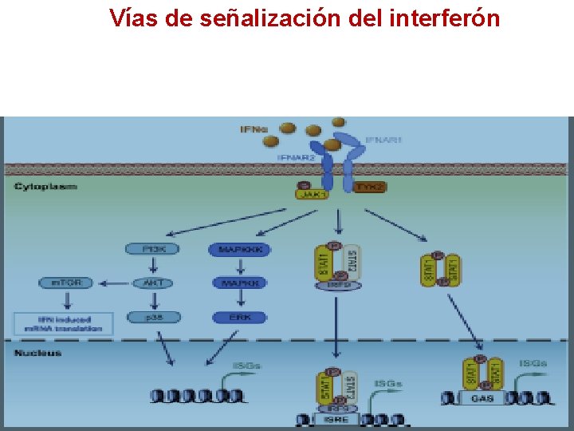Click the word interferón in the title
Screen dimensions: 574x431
[445, 18]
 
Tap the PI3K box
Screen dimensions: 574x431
[151, 249]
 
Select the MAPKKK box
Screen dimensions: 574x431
[239, 250]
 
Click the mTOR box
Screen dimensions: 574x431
[67, 283]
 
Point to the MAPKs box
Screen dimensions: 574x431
[239, 283]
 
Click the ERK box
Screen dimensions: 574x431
[239, 317]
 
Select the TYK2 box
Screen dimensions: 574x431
[369, 188]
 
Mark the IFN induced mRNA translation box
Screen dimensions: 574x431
[64, 324]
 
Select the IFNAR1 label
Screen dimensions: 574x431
[383, 140]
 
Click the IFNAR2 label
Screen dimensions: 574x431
[296, 158]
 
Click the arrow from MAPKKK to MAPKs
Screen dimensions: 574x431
[239, 267]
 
